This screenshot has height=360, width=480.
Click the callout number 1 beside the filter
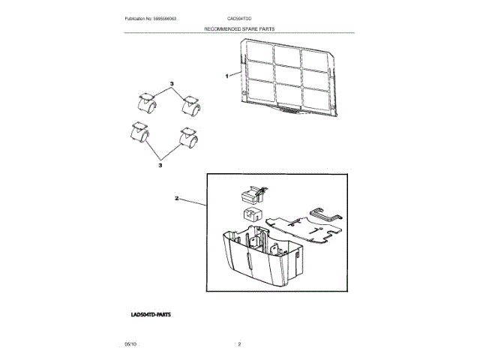tap(226, 76)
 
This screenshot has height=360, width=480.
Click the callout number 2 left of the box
tap(176, 199)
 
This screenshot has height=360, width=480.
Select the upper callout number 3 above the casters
tap(171, 82)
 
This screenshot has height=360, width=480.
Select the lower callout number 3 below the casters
tap(160, 165)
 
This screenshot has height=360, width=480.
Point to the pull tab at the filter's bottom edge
tap(286, 112)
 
